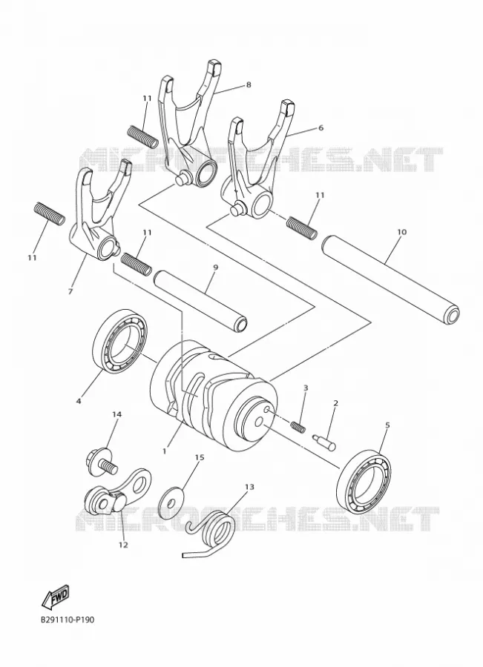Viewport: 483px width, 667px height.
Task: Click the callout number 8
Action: point(249,84)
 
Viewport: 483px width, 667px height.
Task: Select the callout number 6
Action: point(321,127)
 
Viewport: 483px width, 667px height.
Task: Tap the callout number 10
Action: point(401,232)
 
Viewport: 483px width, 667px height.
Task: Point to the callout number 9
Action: point(215,267)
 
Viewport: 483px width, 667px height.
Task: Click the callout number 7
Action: point(70,291)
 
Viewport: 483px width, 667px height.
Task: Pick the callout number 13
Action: point(249,486)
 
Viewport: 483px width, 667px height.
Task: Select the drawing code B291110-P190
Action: point(68,620)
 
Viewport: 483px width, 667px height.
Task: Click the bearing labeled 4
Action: point(120,342)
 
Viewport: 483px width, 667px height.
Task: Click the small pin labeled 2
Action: point(325,440)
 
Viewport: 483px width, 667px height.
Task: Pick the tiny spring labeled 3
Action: point(298,426)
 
